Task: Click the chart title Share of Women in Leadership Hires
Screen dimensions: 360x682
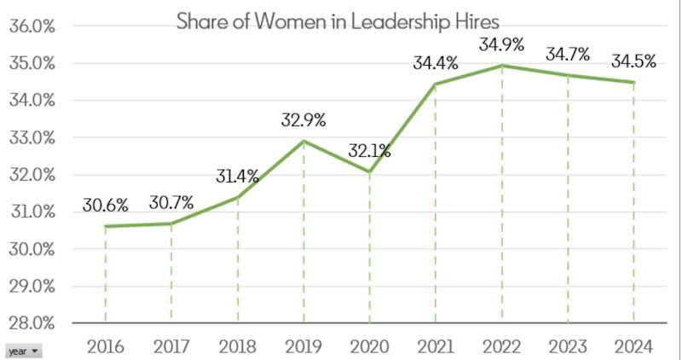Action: (x=338, y=21)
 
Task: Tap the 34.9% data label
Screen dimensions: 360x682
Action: (x=502, y=44)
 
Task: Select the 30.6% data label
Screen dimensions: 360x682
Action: (x=106, y=205)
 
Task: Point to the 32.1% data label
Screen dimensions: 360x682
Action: (x=369, y=152)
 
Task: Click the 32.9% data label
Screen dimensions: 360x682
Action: (x=303, y=119)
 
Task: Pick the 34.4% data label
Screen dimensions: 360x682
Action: (x=436, y=62)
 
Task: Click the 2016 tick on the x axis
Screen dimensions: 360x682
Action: (x=106, y=346)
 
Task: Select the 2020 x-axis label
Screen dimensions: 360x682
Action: (x=369, y=346)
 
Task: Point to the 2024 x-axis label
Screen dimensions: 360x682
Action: (x=633, y=346)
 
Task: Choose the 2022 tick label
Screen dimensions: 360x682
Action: (x=501, y=346)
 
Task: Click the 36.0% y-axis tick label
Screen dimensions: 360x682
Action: (x=32, y=26)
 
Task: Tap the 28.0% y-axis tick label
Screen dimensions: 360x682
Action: (x=32, y=323)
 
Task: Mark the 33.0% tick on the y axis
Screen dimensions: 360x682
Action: (x=32, y=137)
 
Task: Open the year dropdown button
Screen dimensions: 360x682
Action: (x=23, y=351)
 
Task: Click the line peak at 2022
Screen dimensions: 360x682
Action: (x=502, y=66)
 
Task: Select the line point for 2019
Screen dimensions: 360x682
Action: (x=303, y=141)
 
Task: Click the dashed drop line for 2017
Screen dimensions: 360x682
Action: (x=171, y=273)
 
